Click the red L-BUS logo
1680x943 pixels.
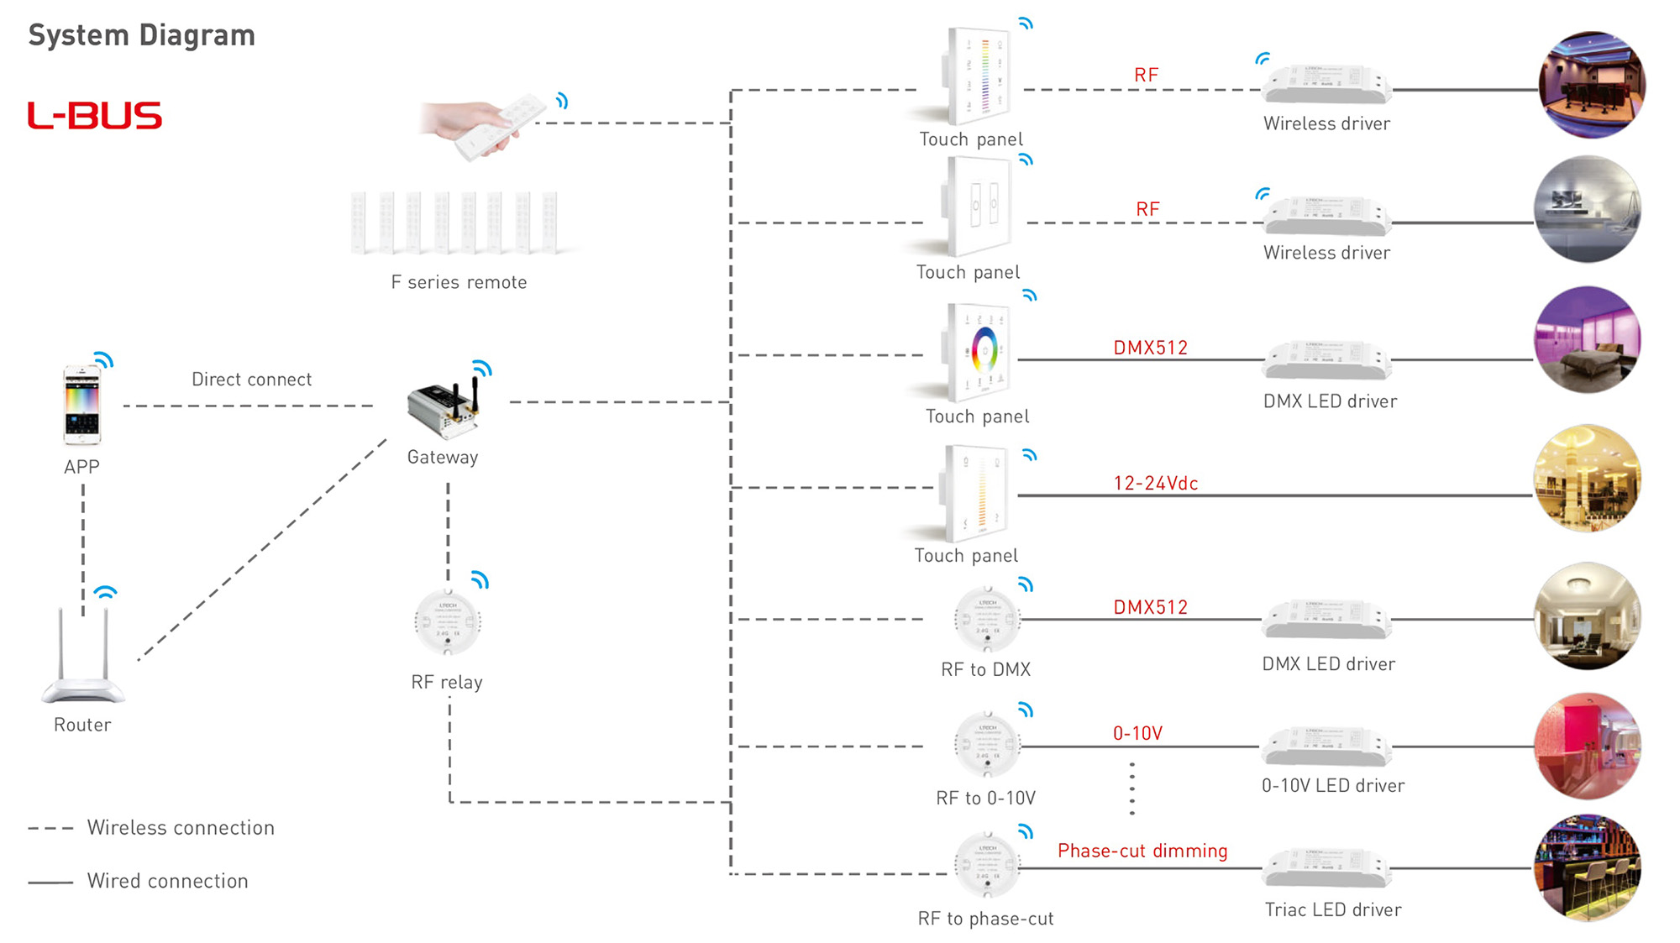click(x=94, y=116)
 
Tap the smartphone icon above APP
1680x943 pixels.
click(x=81, y=406)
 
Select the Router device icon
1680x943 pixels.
click(x=82, y=659)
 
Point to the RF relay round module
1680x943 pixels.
click(x=448, y=623)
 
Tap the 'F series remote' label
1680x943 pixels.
click(x=459, y=283)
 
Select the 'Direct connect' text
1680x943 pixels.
click(x=251, y=380)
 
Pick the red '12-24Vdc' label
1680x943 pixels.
click(x=1155, y=484)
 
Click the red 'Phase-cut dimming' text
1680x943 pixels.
click(x=1142, y=851)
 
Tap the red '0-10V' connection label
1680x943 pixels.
click(x=1137, y=734)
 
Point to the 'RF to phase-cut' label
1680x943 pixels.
click(x=985, y=919)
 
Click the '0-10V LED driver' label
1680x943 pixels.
click(x=1332, y=786)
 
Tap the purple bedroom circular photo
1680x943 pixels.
click(x=1587, y=340)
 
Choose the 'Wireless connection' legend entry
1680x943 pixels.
click(x=181, y=828)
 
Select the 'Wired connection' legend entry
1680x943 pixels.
click(x=167, y=882)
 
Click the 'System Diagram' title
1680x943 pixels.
click(x=141, y=35)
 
